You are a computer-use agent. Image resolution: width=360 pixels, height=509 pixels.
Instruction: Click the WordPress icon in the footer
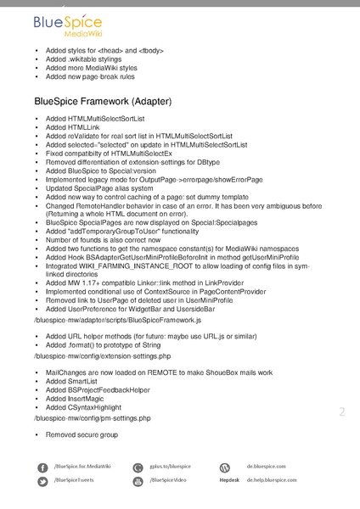[x=225, y=467]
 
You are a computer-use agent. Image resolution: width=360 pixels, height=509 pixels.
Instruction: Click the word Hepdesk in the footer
[x=228, y=481]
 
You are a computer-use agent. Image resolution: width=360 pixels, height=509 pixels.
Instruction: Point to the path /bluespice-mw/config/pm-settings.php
[x=92, y=418]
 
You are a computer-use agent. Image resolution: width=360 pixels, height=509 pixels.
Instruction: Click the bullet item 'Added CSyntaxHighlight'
[x=84, y=407]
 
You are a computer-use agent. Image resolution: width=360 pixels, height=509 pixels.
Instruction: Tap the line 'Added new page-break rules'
[x=91, y=77]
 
